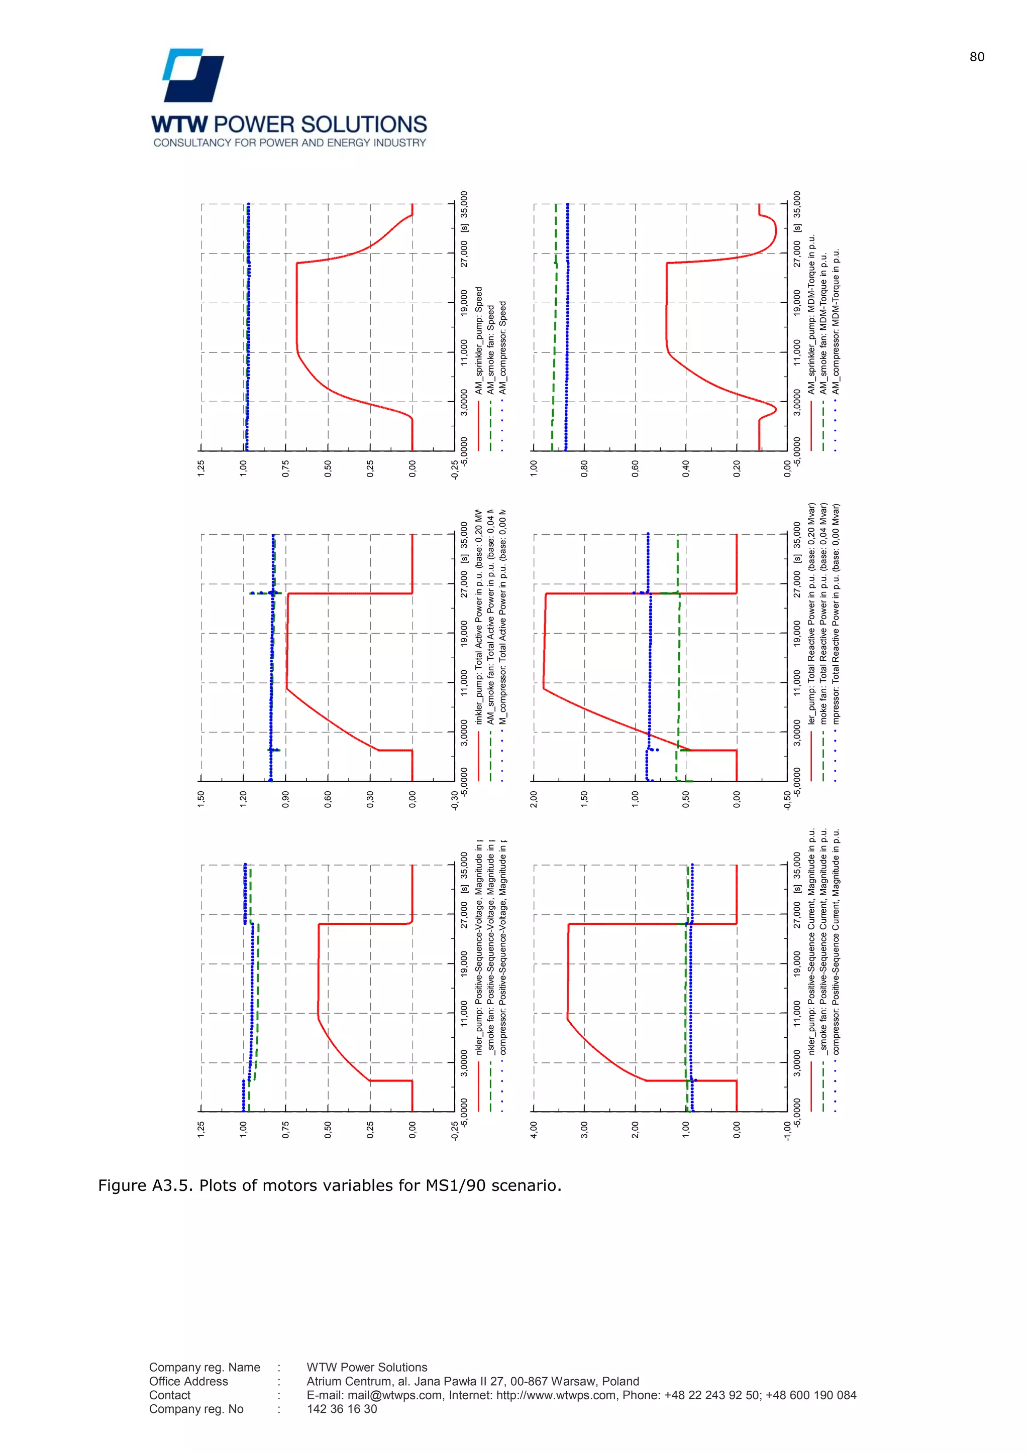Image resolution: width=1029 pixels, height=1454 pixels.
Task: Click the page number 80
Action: click(x=976, y=57)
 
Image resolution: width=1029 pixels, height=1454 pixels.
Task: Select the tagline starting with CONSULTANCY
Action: click(x=289, y=143)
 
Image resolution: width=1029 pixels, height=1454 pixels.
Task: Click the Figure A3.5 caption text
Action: click(x=330, y=1185)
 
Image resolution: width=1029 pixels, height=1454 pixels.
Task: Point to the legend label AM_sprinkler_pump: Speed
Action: click(x=479, y=341)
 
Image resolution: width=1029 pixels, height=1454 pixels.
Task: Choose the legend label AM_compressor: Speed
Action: click(x=502, y=347)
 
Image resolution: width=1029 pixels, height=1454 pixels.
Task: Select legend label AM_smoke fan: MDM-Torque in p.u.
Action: click(x=824, y=323)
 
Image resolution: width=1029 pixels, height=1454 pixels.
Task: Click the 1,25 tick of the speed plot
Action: click(x=201, y=468)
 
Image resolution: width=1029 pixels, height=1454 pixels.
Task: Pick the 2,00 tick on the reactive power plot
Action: click(x=534, y=799)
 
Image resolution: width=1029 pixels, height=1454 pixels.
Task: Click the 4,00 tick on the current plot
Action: click(x=534, y=1130)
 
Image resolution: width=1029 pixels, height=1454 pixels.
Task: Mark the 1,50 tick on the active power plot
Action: click(x=201, y=799)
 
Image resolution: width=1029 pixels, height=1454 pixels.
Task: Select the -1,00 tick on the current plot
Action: click(x=787, y=1131)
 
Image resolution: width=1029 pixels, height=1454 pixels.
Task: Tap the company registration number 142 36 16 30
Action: click(x=342, y=1409)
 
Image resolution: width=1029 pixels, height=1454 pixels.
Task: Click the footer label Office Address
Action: click(x=188, y=1381)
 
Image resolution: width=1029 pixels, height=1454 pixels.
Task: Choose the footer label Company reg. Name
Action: click(x=204, y=1367)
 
